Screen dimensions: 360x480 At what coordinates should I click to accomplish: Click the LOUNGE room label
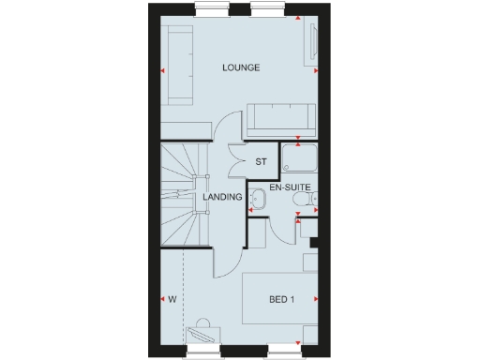(240, 68)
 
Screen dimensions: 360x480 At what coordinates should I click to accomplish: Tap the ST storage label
(261, 161)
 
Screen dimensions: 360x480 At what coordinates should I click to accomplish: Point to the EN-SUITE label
(288, 188)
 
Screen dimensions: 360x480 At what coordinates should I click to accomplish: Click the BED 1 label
(281, 300)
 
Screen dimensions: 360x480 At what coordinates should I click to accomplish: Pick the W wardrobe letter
(172, 300)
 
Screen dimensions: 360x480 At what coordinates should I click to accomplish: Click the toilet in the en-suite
(316, 197)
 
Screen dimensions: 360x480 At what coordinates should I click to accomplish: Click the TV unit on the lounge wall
(312, 44)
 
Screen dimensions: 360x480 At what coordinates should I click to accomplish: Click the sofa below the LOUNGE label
(282, 119)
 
